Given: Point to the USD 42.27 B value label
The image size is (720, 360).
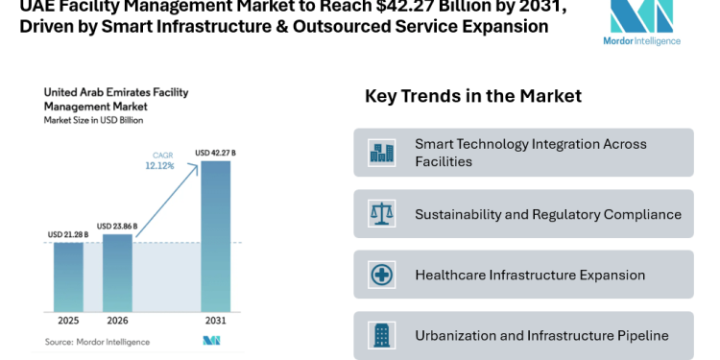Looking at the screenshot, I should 216,152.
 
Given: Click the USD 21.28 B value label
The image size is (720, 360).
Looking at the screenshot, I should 68,234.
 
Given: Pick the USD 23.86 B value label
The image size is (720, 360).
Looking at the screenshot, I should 117,226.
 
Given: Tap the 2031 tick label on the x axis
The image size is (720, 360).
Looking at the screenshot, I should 215,320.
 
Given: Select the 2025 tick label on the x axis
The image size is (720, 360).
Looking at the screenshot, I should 67,320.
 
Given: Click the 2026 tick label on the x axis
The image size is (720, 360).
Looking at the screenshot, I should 117,320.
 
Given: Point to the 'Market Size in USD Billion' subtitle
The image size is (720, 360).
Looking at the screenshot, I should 92,120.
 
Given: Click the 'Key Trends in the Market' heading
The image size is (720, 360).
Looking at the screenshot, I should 472,97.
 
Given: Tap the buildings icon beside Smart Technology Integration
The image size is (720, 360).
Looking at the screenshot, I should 381,153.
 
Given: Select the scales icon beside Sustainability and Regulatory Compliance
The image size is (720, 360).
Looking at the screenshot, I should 381,214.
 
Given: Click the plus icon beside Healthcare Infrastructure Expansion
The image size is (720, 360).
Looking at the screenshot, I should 381,275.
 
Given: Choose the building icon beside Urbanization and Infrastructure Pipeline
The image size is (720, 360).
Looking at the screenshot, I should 381,335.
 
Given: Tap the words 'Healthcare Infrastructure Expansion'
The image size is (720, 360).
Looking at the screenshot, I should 530,276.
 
